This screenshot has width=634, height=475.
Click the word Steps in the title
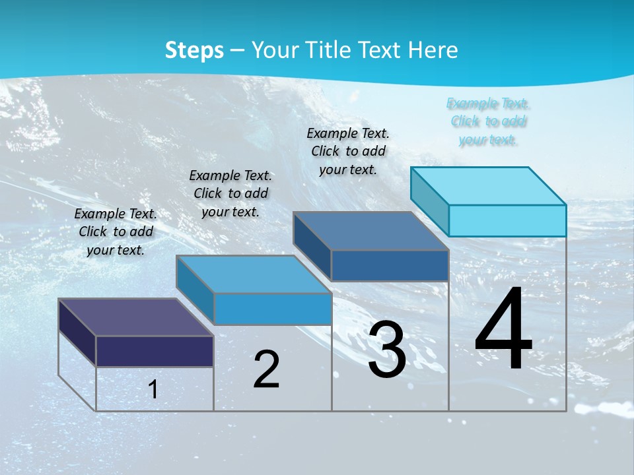pyautogui.click(x=194, y=50)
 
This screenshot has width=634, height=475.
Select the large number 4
pyautogui.click(x=503, y=330)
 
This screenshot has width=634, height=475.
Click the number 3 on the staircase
pyautogui.click(x=387, y=350)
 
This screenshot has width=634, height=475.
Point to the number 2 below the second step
pyautogui.click(x=266, y=369)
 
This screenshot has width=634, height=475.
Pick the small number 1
pyautogui.click(x=153, y=389)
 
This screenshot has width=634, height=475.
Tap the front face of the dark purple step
pyautogui.click(x=155, y=351)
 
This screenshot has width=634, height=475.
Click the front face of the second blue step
pyautogui.click(x=273, y=309)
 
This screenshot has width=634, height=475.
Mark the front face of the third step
pyautogui.click(x=390, y=265)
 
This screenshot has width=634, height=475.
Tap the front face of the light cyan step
pyautogui.click(x=507, y=220)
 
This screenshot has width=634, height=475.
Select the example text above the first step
pyautogui.click(x=116, y=232)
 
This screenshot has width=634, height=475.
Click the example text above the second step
pyautogui.click(x=230, y=193)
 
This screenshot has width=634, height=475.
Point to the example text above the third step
pyautogui.click(x=348, y=151)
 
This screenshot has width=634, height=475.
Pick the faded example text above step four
pyautogui.click(x=488, y=121)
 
